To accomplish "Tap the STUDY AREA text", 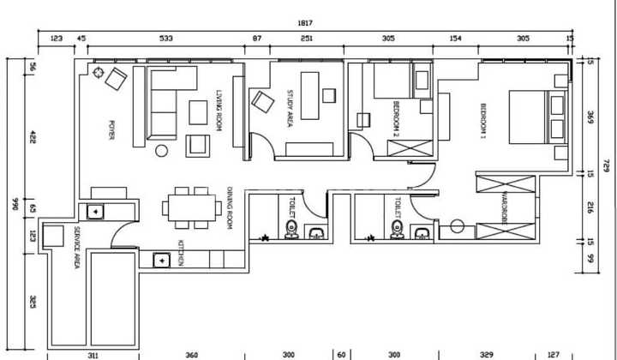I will pos(291,109).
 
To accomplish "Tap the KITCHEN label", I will pos(181,253).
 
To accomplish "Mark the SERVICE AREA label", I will pos(76,249).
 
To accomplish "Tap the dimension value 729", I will pos(605,165).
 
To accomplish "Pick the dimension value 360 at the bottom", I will pos(192,353).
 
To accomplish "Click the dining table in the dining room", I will pos(190,207).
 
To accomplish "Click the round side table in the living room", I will pos(161,151).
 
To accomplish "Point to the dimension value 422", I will pos(33,136).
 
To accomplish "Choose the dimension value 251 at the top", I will pos(307,39).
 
